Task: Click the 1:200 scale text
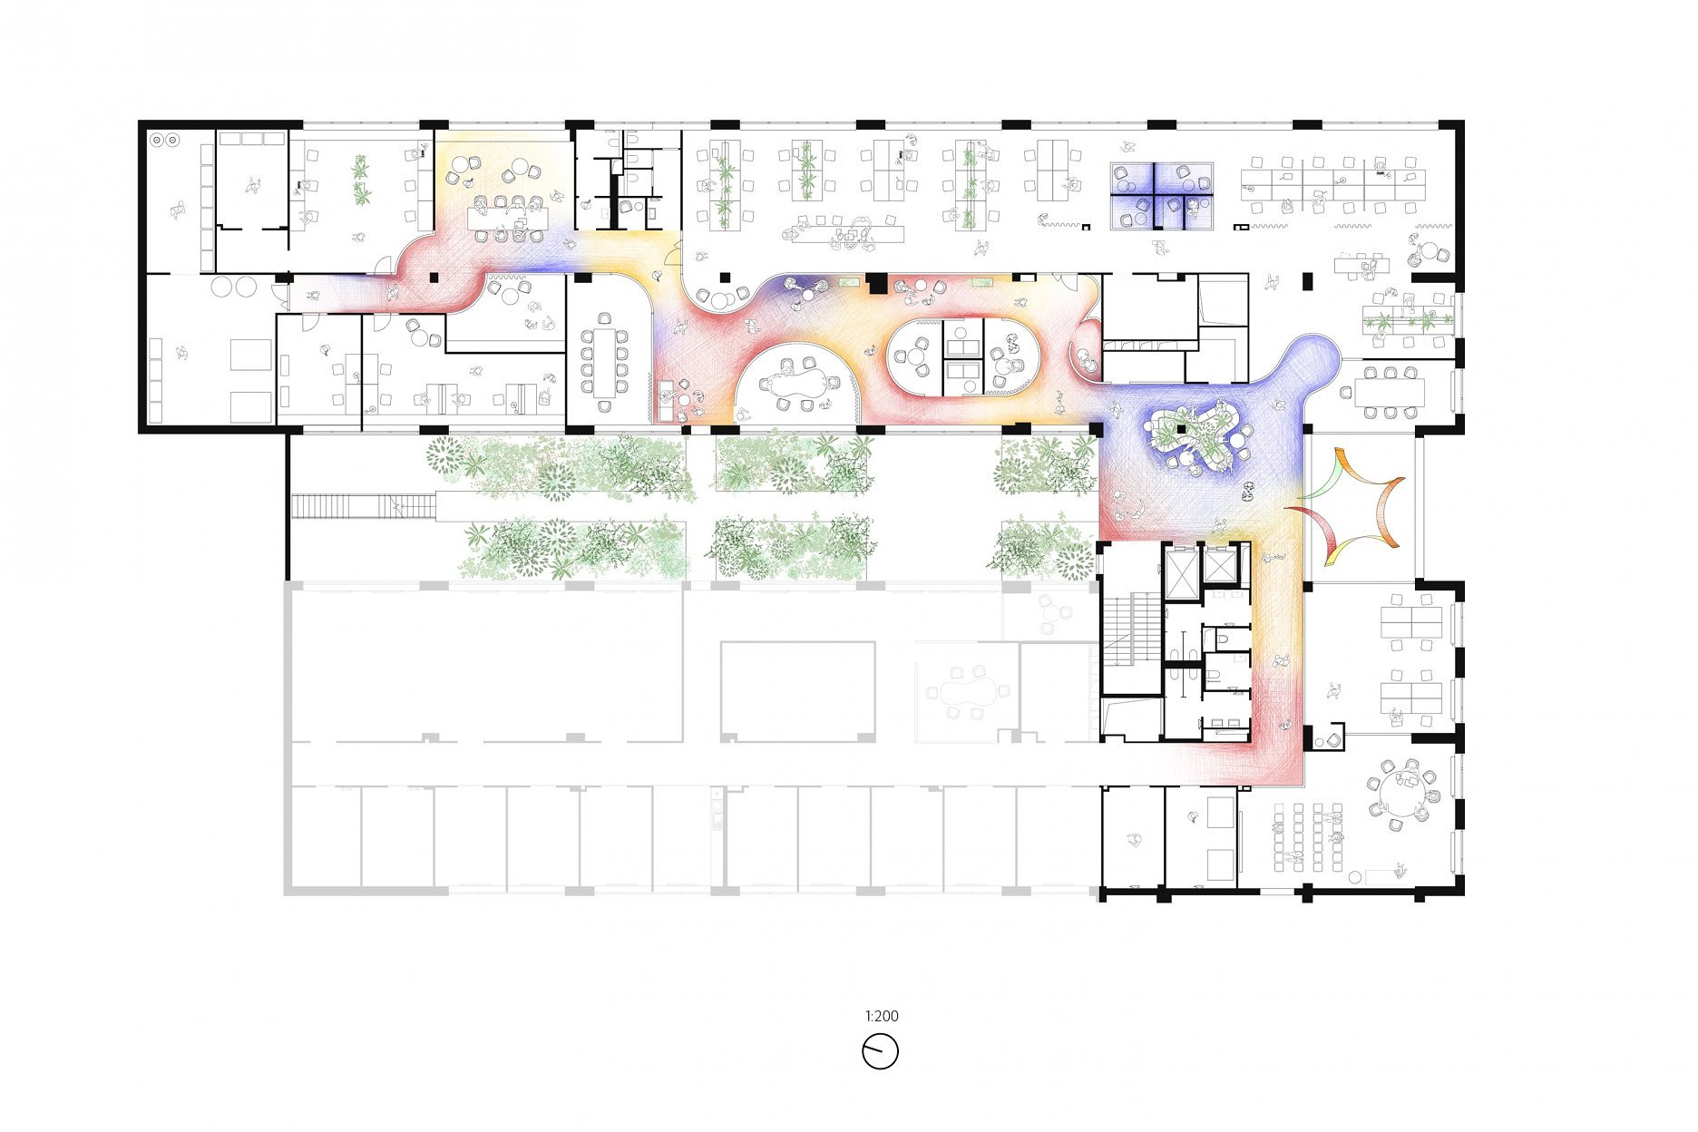pos(881,1016)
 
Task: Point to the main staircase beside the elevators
pos(1132,630)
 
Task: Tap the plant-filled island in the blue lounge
pos(1193,434)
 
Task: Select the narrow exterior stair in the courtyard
pos(363,505)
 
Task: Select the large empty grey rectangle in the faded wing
pos(797,692)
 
